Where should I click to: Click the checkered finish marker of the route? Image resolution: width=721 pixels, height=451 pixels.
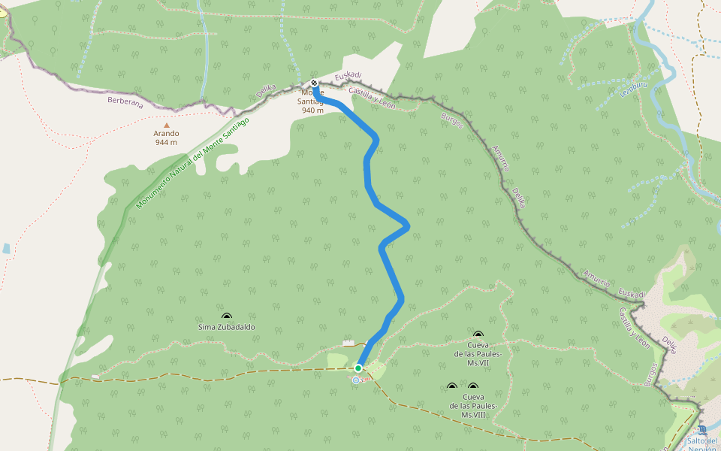tap(314, 83)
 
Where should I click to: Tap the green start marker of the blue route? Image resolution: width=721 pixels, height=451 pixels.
tap(358, 368)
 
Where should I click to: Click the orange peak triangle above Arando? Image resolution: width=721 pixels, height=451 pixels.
tap(167, 126)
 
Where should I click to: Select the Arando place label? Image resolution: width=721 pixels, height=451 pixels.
tap(166, 134)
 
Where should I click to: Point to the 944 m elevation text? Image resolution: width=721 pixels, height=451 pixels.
tap(166, 142)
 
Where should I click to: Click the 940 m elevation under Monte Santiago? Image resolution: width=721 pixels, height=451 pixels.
tap(312, 110)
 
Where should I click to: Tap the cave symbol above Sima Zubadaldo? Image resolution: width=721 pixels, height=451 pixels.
tap(226, 317)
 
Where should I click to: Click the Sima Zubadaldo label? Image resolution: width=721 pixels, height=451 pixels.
tap(226, 327)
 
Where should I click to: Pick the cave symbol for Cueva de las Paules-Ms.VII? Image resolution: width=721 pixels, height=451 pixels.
tap(478, 334)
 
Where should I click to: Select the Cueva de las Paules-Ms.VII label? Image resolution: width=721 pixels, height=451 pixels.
tap(478, 353)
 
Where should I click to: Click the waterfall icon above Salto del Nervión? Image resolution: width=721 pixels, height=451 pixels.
tap(702, 430)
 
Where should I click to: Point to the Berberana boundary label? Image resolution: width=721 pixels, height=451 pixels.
tap(125, 101)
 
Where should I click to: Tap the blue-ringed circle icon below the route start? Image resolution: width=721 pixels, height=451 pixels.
tap(356, 380)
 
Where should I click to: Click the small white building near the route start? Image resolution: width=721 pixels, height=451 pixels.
tap(348, 344)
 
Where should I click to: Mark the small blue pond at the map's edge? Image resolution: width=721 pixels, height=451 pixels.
tap(6, 247)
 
